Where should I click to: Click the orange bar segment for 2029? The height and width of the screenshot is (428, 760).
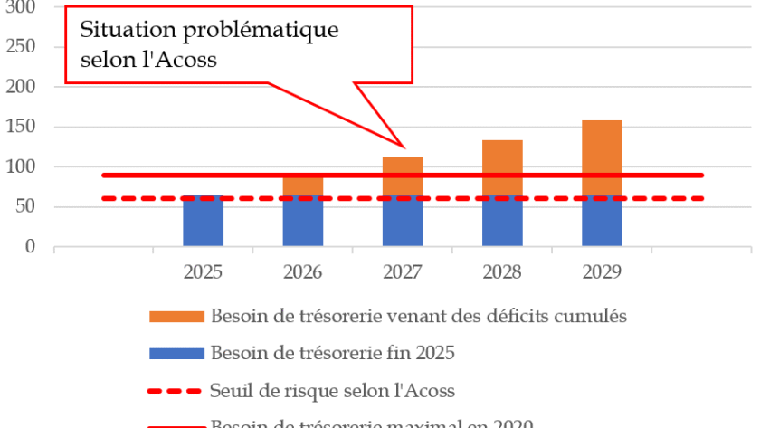click(x=602, y=147)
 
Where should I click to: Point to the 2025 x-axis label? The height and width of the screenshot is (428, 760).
click(x=203, y=271)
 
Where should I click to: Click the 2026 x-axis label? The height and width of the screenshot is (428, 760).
click(x=303, y=271)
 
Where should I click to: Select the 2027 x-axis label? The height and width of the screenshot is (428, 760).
click(x=403, y=271)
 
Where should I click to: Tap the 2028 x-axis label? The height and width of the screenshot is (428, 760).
click(x=502, y=271)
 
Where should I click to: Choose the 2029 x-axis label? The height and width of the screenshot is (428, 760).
click(x=602, y=271)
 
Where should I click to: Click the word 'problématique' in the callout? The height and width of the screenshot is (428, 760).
click(x=262, y=31)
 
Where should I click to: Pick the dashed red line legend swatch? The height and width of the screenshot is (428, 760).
click(x=175, y=391)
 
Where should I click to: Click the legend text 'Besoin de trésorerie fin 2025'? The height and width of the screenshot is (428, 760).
click(x=332, y=354)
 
